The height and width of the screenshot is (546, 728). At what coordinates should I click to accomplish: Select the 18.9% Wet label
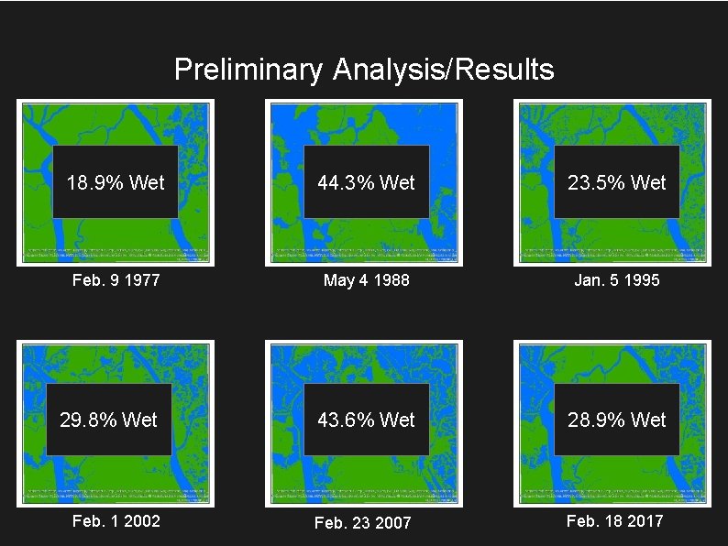click(x=116, y=182)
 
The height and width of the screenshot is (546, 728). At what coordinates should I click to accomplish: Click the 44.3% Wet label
click(x=366, y=182)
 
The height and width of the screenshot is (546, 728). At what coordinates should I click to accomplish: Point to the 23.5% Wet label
click(x=617, y=182)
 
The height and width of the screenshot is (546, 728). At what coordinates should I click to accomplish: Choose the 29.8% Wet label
click(x=109, y=420)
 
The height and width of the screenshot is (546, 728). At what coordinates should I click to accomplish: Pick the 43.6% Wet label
click(x=366, y=420)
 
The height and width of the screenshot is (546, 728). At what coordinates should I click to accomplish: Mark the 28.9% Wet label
click(x=617, y=420)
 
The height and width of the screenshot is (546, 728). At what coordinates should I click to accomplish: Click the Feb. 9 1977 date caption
click(x=116, y=280)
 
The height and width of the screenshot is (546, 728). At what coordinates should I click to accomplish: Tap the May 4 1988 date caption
click(x=366, y=280)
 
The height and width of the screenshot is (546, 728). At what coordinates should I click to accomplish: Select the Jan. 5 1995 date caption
click(x=617, y=280)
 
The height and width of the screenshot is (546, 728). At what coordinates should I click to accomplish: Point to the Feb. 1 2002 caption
click(x=116, y=521)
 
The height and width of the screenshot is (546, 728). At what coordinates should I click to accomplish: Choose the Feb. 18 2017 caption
click(x=615, y=521)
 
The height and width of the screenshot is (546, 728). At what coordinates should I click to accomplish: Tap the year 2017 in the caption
click(x=644, y=521)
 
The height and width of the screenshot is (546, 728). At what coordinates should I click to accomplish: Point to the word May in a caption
click(x=338, y=280)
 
